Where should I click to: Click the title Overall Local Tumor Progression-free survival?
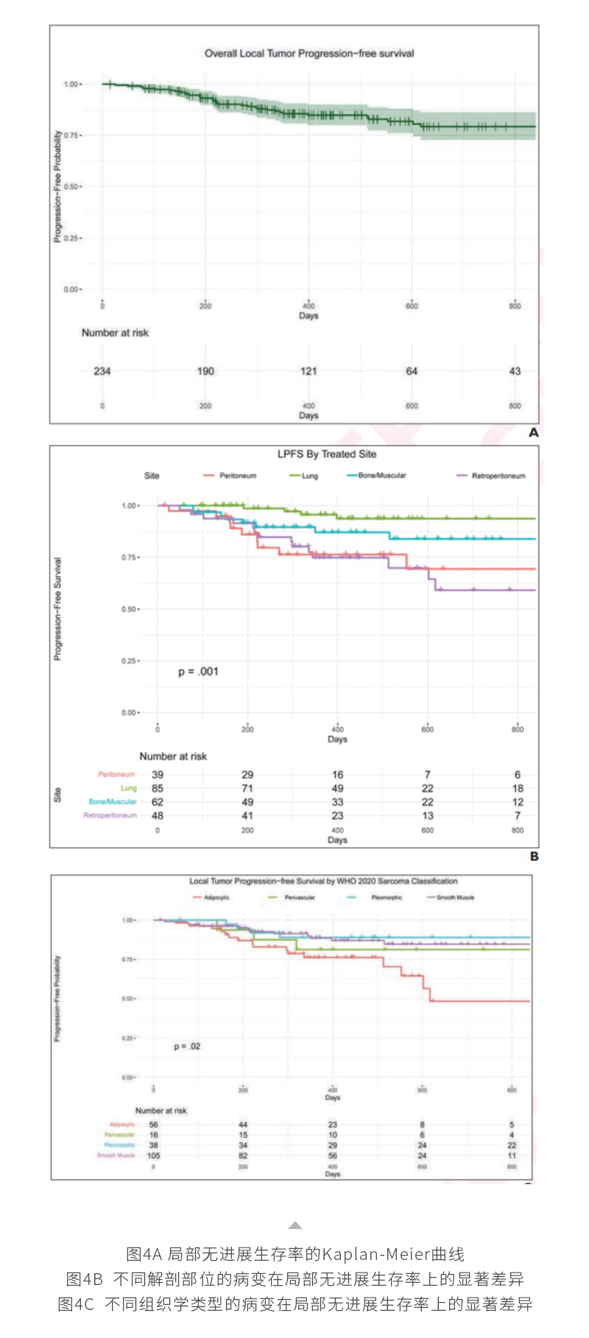309,54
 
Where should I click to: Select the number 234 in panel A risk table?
102,371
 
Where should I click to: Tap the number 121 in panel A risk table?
308,371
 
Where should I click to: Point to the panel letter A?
534,433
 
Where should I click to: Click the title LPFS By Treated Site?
327,454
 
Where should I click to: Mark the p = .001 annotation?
198,671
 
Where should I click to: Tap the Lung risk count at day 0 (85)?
158,788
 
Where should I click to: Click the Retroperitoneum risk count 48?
158,815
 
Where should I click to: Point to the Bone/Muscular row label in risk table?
113,801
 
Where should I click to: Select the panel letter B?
534,857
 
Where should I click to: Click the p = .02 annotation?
187,1046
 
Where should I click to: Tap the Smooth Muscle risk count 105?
153,1155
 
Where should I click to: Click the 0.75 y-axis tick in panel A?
71,135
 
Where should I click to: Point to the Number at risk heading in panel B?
173,756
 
